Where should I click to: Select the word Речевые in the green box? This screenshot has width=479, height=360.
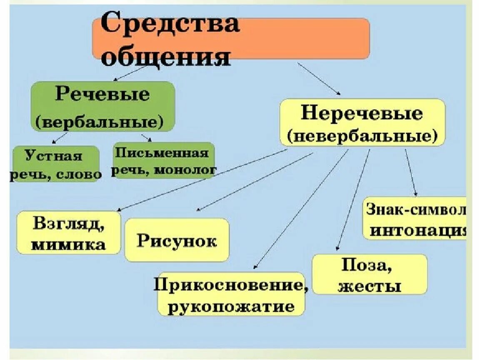pos(102,94)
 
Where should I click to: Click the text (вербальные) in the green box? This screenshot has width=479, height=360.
pos(99,122)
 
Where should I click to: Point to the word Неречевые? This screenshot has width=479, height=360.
pos(362,113)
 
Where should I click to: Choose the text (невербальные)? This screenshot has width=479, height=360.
pos(362,136)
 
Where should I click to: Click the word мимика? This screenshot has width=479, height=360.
pos(69,244)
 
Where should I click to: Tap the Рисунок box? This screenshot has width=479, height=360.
pos(177,240)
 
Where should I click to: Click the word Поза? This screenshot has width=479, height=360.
pos(369,265)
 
